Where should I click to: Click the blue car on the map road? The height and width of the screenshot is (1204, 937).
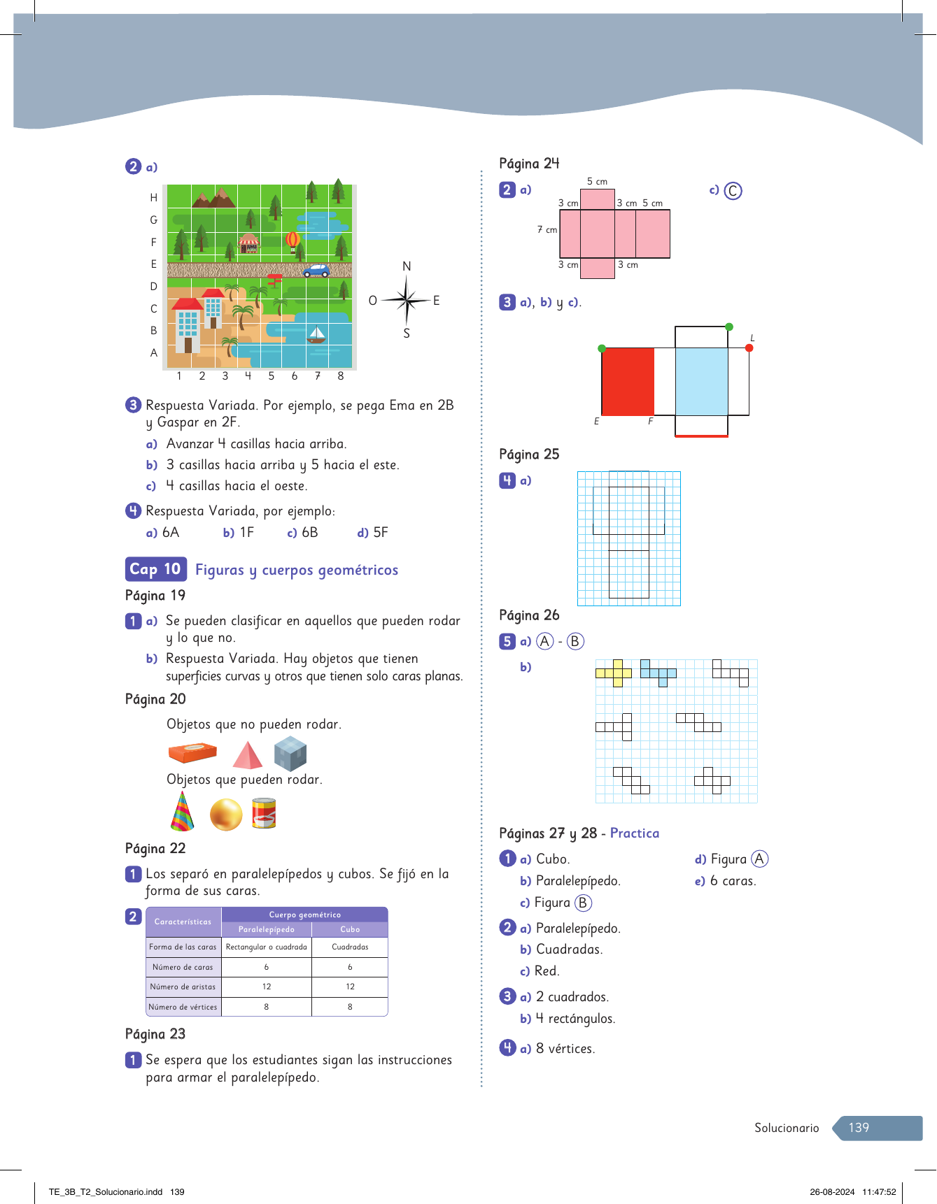(316, 271)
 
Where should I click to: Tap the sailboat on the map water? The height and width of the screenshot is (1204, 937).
(316, 335)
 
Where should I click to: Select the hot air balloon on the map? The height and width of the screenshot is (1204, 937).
(293, 242)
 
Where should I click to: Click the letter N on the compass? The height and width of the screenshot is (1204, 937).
(407, 266)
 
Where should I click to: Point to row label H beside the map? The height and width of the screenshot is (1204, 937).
(154, 198)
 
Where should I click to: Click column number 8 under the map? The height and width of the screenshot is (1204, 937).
(341, 376)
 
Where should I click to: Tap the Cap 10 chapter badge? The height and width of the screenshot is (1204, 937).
(155, 569)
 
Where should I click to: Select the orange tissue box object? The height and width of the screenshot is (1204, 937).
(192, 753)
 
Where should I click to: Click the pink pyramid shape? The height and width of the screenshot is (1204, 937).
(247, 756)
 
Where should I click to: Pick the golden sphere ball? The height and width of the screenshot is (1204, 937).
(226, 815)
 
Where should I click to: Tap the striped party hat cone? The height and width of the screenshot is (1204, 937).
(182, 812)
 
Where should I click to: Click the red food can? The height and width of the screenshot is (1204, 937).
(264, 813)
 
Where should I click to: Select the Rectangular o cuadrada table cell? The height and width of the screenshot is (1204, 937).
(267, 947)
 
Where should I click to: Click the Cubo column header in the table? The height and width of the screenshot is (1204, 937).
(350, 929)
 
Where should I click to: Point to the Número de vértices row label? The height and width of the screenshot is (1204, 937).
(183, 1007)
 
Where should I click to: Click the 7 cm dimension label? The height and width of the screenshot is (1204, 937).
(547, 230)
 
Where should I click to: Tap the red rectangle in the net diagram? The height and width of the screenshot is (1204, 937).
(628, 382)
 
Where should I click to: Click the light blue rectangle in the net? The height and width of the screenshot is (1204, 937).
(701, 382)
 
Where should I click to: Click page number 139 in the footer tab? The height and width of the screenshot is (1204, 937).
(859, 1128)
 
